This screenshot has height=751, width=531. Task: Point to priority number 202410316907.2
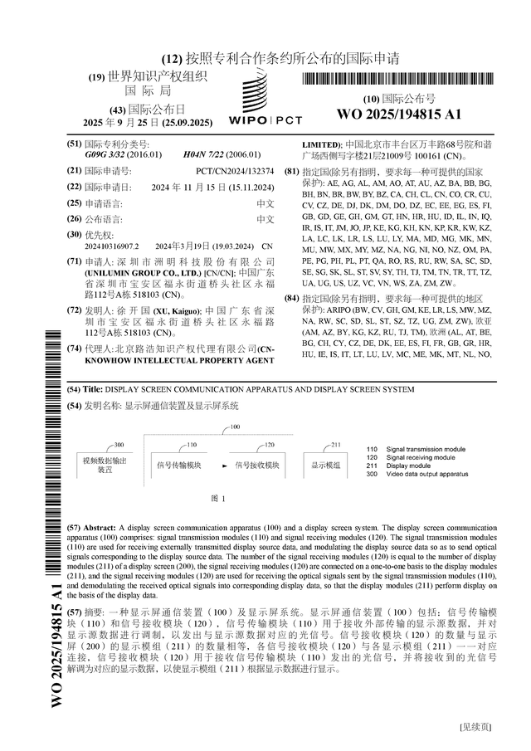pyautogui.click(x=112, y=246)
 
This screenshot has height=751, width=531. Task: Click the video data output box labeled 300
pyautogui.click(x=105, y=464)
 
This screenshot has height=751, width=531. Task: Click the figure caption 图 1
pyautogui.click(x=219, y=499)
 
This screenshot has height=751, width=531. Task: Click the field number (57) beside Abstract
pyautogui.click(x=73, y=528)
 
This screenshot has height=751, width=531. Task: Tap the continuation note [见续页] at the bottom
pyautogui.click(x=476, y=727)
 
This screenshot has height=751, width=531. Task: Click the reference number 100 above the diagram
pyautogui.click(x=235, y=427)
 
